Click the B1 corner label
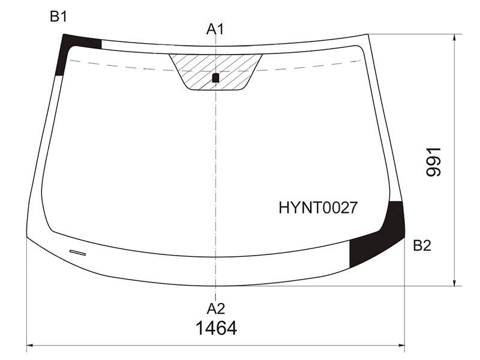pos(58,17)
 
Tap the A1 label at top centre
pos(215,29)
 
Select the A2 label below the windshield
pos(216,309)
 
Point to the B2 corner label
pos(422,245)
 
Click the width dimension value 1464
pos(216,328)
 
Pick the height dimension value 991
pos(433,162)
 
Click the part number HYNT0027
pos(318,208)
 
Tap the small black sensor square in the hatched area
pos(215,78)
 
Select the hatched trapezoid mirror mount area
pos(215,72)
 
